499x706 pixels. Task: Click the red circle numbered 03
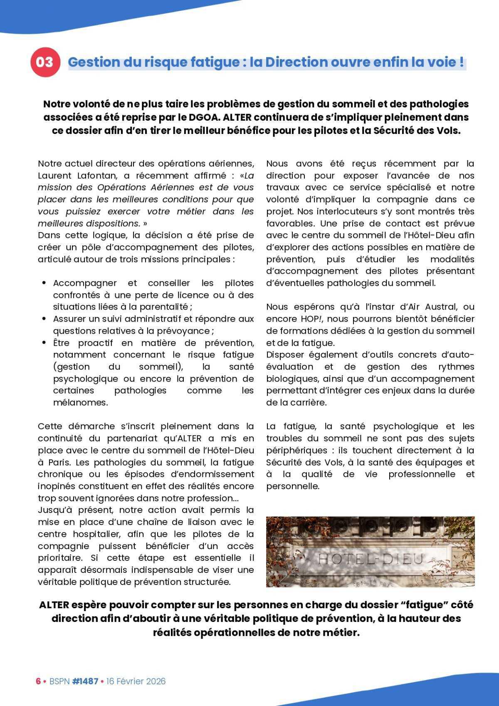click(44, 62)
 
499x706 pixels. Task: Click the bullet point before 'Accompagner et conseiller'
click(44, 283)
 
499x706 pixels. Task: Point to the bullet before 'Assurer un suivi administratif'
click(44, 319)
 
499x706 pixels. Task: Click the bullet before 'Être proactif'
click(44, 343)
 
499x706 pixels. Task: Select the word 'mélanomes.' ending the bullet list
click(80, 403)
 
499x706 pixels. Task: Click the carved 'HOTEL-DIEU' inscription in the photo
click(370, 559)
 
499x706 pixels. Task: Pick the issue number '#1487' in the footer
click(85, 681)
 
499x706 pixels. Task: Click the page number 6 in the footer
click(38, 681)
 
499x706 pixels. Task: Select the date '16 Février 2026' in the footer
click(136, 681)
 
